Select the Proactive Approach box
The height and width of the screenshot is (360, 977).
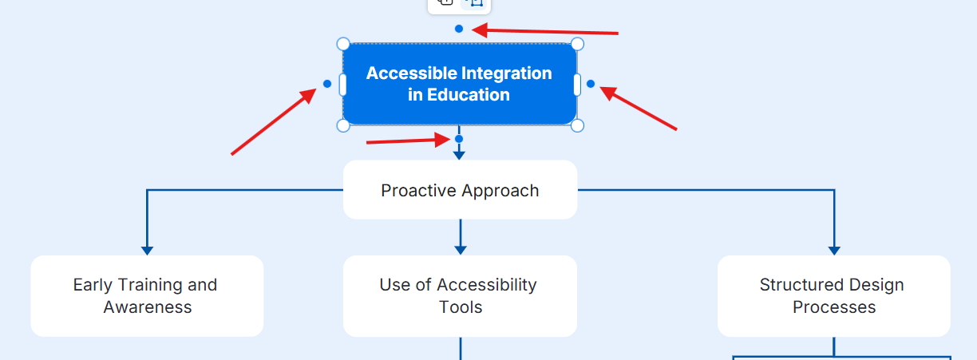point(460,190)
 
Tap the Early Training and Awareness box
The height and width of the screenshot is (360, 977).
point(147,296)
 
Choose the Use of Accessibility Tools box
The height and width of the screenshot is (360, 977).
point(460,296)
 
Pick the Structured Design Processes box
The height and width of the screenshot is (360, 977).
point(833,296)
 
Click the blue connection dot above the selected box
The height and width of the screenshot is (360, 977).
point(459,29)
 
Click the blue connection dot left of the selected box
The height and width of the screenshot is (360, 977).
point(327,84)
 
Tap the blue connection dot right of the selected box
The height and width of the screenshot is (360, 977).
point(591,84)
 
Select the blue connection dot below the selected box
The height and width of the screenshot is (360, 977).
point(459,139)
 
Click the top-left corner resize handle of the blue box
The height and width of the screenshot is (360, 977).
point(343,43)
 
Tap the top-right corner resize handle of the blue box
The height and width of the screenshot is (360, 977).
point(578,43)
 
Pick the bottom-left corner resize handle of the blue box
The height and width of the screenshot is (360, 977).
point(343,125)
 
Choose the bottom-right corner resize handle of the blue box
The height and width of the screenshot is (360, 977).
point(578,125)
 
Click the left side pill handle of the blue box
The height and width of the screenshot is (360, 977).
point(343,85)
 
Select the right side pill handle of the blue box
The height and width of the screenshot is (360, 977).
point(577,85)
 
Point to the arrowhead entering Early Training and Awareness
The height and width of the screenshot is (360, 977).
point(147,250)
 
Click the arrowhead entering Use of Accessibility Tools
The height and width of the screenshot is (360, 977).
point(461,250)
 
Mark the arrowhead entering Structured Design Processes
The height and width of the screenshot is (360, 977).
point(834,250)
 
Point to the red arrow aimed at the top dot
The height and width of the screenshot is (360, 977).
point(551,32)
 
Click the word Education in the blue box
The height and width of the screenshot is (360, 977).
point(469,95)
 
